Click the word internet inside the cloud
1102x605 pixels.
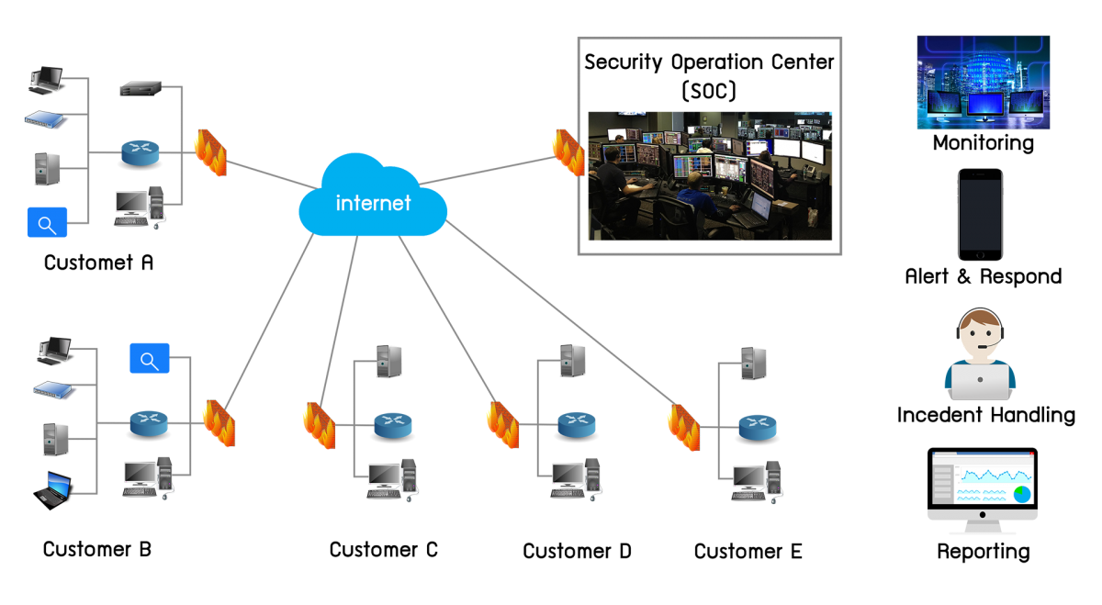373,203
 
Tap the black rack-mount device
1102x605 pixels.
141,89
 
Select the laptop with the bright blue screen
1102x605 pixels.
54,487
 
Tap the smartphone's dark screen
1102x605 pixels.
980,214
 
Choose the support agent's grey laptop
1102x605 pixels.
980,381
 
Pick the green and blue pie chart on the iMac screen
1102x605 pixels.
1021,495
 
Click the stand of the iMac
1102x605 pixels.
982,524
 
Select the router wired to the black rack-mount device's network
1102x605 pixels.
140,153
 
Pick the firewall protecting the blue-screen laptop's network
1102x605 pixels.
219,422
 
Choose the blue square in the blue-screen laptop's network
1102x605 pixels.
150,358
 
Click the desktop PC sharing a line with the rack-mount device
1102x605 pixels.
140,207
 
